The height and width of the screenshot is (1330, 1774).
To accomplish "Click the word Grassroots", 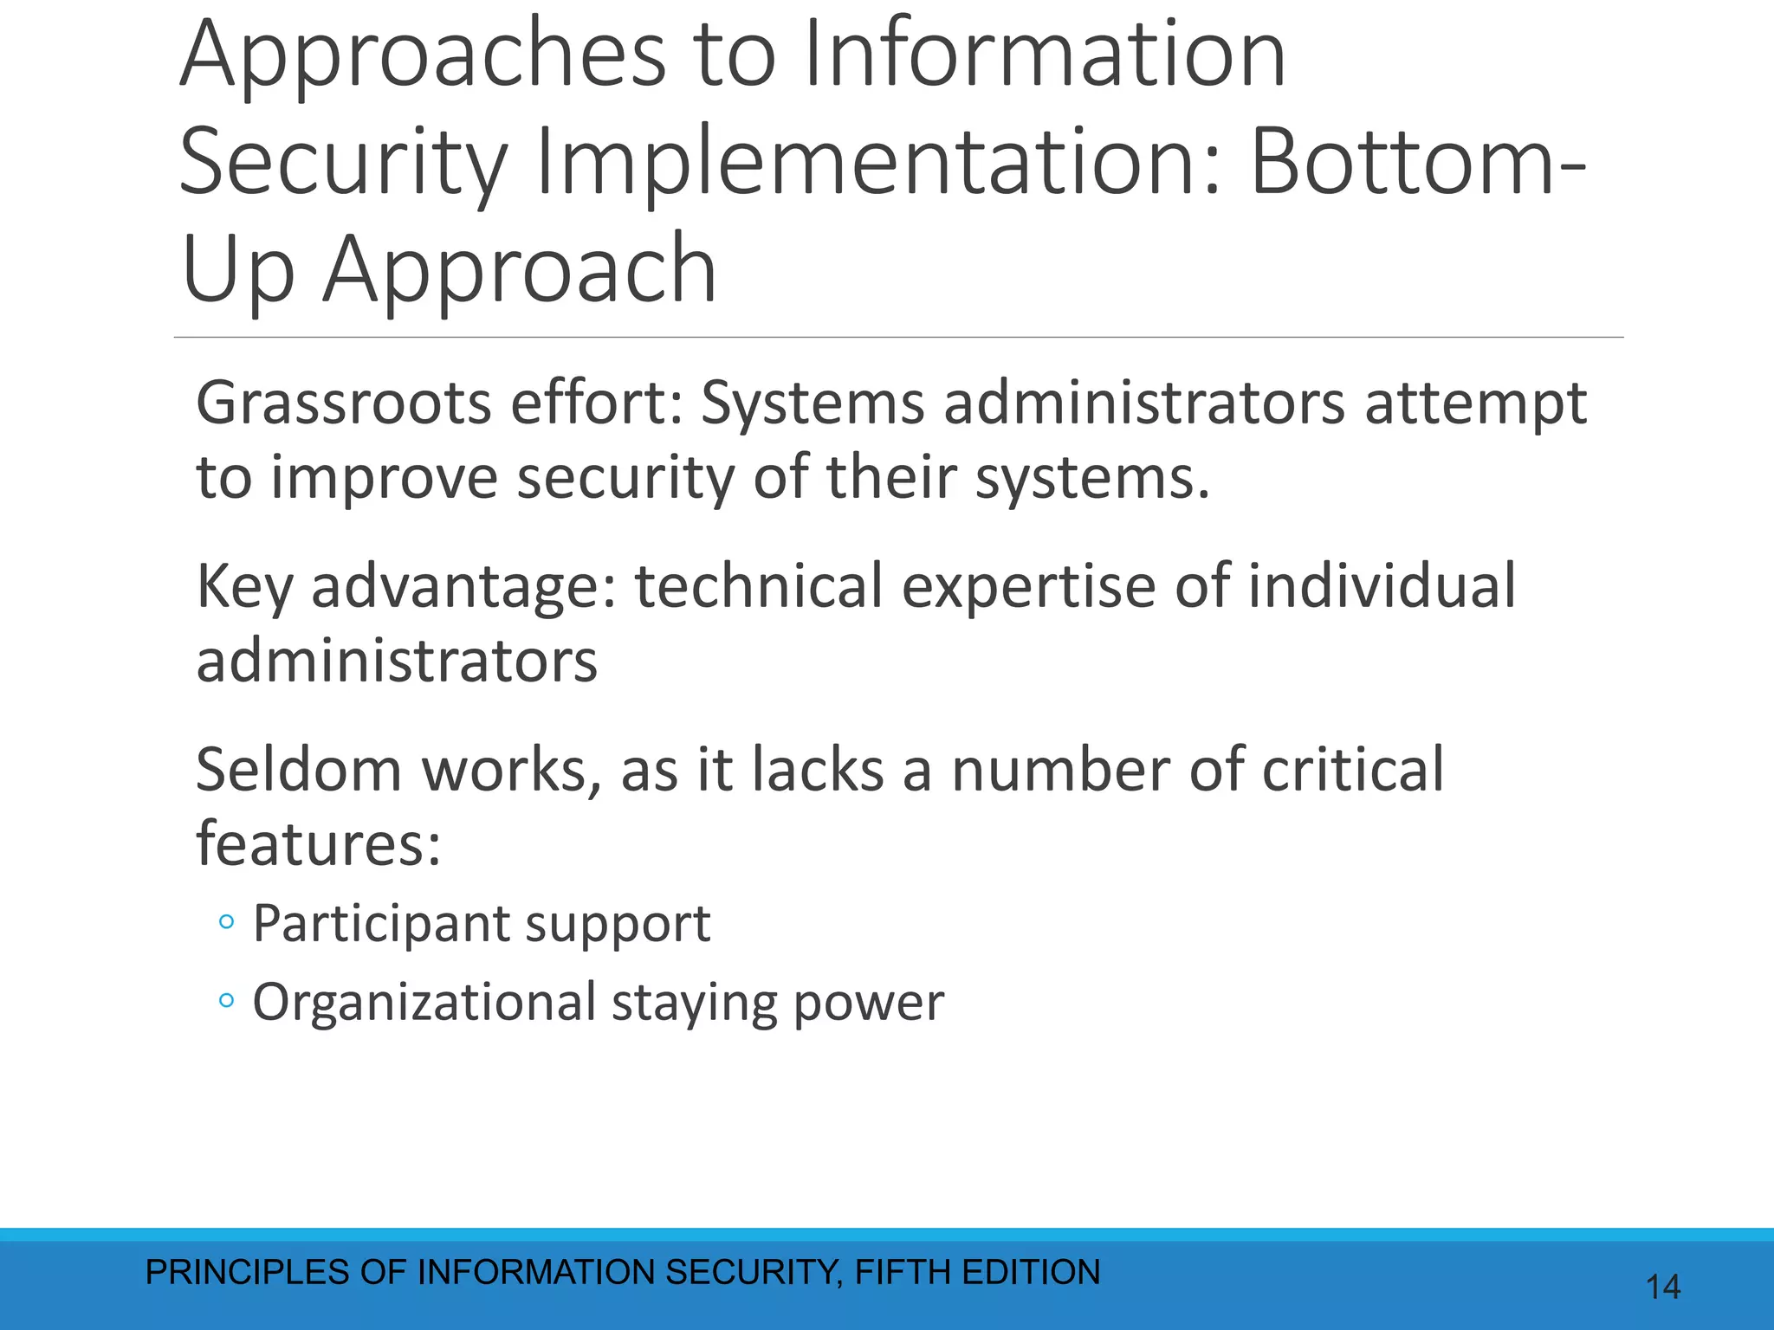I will pyautogui.click(x=344, y=404).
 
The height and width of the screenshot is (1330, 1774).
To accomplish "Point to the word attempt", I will pyautogui.click(x=1476, y=405).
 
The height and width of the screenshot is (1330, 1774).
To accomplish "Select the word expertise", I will pyautogui.click(x=1028, y=586).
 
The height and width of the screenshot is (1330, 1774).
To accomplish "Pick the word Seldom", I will pyautogui.click(x=298, y=770).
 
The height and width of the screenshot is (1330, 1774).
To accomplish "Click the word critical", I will pyautogui.click(x=1352, y=770).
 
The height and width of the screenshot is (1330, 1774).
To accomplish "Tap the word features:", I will pyautogui.click(x=318, y=844).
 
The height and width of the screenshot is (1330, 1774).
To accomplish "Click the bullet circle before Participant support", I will pyautogui.click(x=227, y=923).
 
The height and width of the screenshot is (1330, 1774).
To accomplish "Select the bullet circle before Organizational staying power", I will pyautogui.click(x=227, y=1002).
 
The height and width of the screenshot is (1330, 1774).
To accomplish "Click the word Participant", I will pyautogui.click(x=379, y=925).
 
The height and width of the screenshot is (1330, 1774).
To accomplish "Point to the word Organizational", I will pyautogui.click(x=424, y=1003).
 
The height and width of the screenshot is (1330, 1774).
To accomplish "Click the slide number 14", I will pyautogui.click(x=1662, y=1287).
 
